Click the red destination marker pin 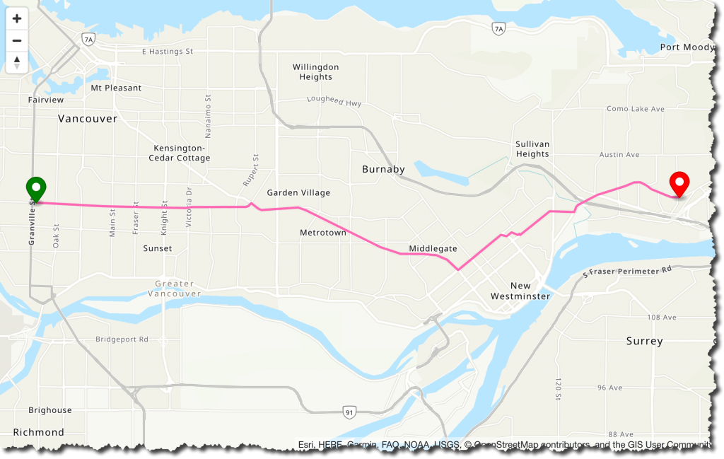click(x=679, y=183)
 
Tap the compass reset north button click(x=17, y=62)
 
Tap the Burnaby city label click(x=383, y=170)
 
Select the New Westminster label click(x=520, y=291)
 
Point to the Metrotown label click(x=323, y=233)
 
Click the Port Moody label click(x=687, y=47)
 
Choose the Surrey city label click(x=644, y=341)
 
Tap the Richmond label click(x=38, y=432)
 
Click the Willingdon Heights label click(x=316, y=72)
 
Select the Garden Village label click(x=298, y=192)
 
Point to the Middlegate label click(x=433, y=249)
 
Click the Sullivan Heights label click(x=532, y=149)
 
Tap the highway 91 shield click(x=349, y=412)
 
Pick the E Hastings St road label click(x=168, y=52)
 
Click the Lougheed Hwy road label click(x=334, y=102)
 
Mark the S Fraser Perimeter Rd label click(x=627, y=271)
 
